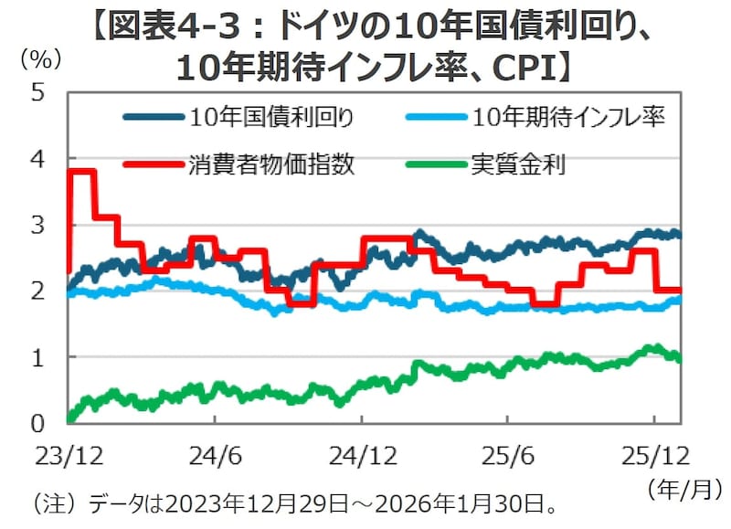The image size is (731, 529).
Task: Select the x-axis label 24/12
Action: tap(363, 454)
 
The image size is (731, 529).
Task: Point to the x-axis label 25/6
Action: tap(508, 454)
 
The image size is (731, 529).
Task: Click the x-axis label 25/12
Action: tap(654, 454)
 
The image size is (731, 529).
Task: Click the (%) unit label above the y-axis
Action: tap(41, 60)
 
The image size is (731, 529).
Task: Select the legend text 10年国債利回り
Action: tap(273, 117)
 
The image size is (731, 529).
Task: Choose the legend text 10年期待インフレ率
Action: tap(569, 117)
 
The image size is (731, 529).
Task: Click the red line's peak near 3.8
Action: tap(82, 171)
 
